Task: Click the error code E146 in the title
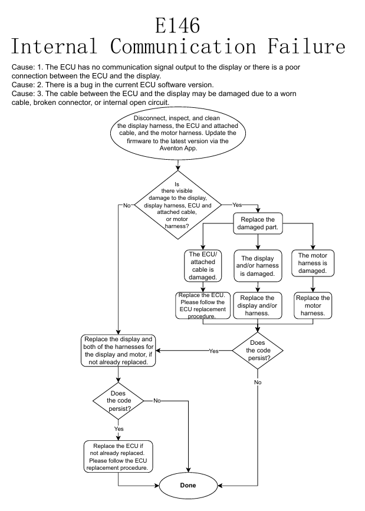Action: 177,25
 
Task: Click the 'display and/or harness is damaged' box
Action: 258,265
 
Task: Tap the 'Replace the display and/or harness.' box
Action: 258,306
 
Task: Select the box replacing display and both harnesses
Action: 118,351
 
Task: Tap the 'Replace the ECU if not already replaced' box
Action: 118,456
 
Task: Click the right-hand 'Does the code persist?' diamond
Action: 258,351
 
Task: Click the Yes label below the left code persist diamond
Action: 119,430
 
